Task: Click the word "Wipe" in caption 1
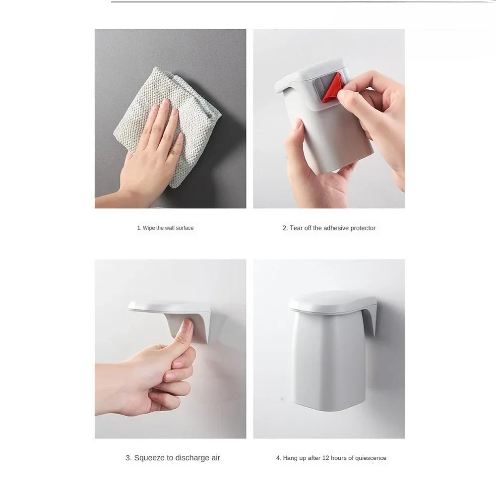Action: pyautogui.click(x=148, y=228)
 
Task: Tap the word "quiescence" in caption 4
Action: pyautogui.click(x=371, y=458)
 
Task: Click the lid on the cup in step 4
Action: pyautogui.click(x=332, y=302)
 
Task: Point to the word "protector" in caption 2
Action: pyautogui.click(x=361, y=228)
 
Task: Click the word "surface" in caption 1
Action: pyautogui.click(x=185, y=228)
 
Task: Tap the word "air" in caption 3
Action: pyautogui.click(x=215, y=458)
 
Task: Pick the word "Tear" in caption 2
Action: pyautogui.click(x=296, y=228)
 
